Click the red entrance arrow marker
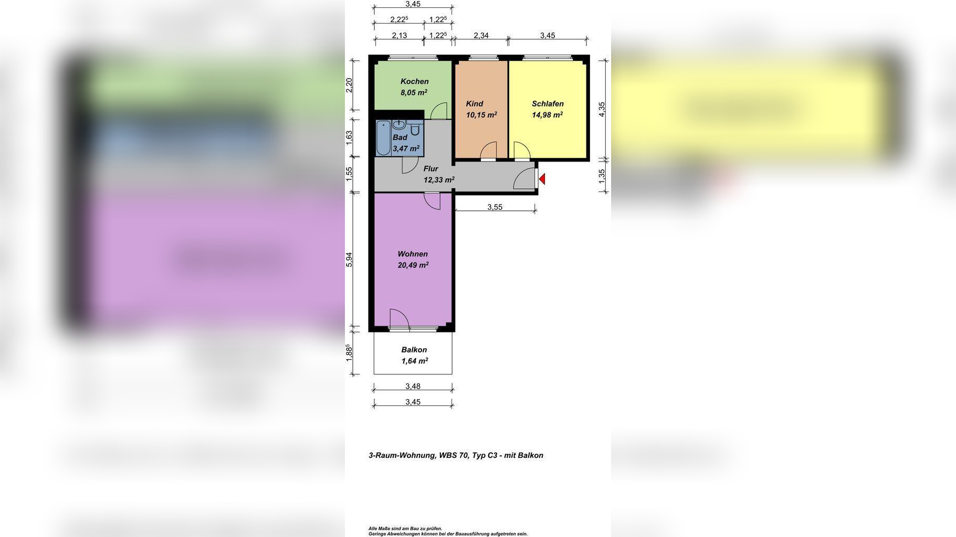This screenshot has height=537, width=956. point(542,179)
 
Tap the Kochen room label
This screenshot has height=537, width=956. point(414,81)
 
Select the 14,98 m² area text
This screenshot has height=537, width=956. point(548,115)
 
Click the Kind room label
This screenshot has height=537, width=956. point(475,104)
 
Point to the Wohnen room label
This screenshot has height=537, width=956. point(413,254)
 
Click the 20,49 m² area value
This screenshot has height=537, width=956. point(413,265)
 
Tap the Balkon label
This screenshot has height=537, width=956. point(414,350)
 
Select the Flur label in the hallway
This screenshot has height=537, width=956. point(430,169)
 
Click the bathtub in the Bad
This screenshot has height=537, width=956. point(383,138)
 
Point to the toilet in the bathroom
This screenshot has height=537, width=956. point(415,128)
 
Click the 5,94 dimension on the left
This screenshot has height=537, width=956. point(349,260)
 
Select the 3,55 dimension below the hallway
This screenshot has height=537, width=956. point(495,207)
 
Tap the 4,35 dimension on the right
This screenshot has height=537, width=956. point(602,109)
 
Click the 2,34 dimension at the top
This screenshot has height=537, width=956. point(481,36)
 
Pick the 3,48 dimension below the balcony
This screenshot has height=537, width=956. point(413,386)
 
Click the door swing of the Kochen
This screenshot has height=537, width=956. point(438,111)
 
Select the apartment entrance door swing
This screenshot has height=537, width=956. point(524,179)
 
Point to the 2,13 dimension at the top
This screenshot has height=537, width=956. point(400,36)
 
